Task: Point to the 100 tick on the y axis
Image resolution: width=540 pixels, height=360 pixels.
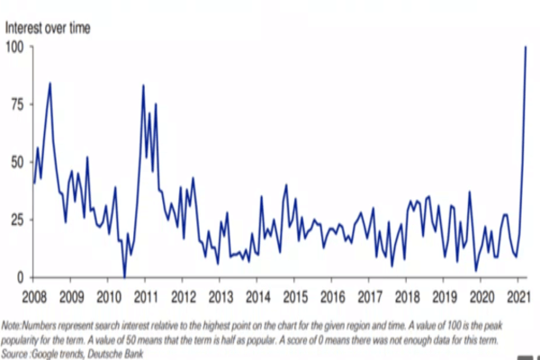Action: tap(15, 47)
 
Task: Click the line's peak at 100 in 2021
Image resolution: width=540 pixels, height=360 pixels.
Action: tap(526, 47)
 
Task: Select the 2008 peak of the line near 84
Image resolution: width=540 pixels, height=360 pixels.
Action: tap(50, 84)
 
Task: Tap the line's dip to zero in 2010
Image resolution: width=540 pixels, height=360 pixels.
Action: tap(124, 277)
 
